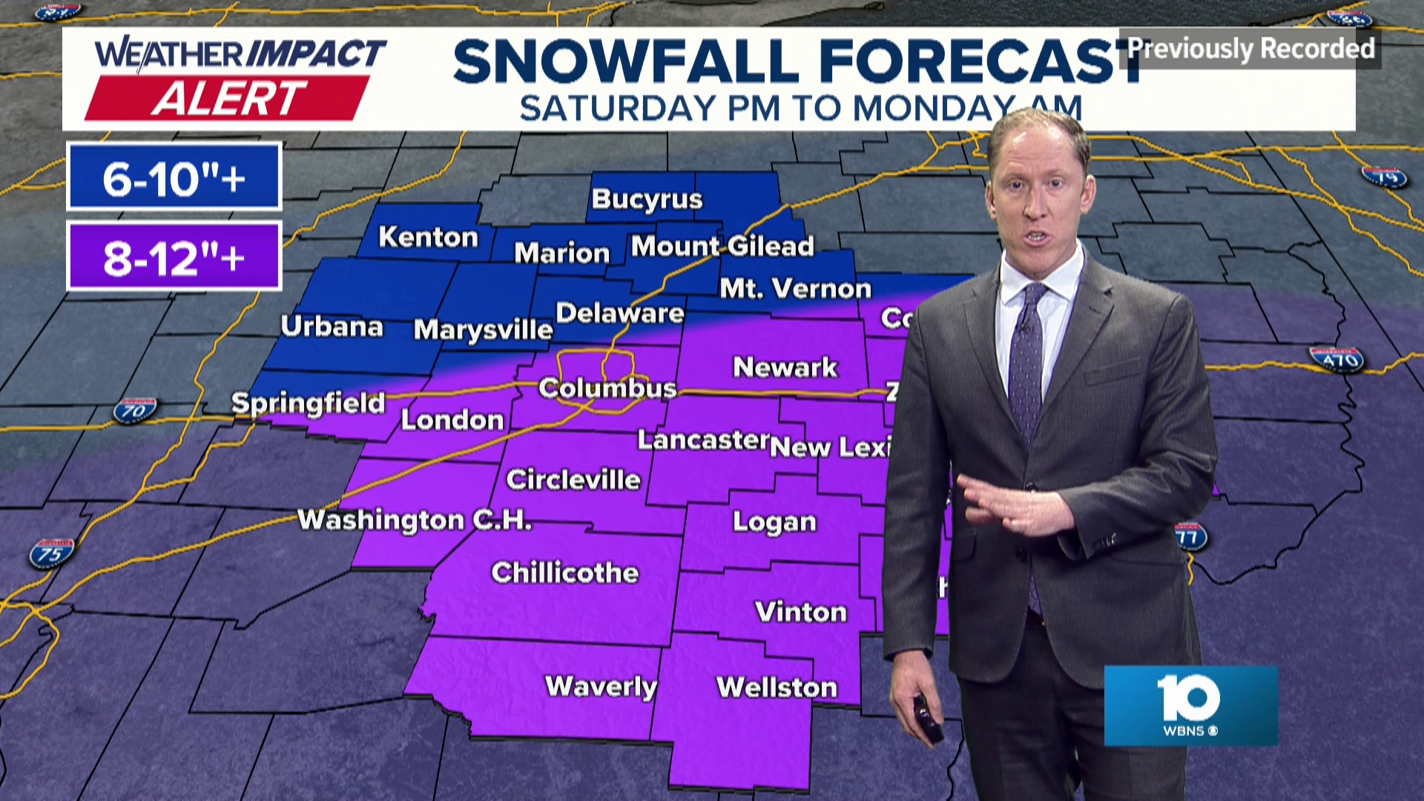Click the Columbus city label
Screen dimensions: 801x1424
point(607,388)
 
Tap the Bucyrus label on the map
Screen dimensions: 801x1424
point(647,199)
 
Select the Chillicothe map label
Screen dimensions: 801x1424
point(565,573)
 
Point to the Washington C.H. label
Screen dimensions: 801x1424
point(415,519)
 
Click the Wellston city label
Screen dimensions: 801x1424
point(777,687)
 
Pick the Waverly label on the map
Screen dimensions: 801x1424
point(601,686)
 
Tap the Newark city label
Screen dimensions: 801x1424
point(785,367)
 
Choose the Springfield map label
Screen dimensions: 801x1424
point(308,403)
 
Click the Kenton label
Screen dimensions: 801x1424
point(428,237)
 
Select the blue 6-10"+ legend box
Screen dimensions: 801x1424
point(174,177)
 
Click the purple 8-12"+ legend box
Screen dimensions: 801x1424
point(174,257)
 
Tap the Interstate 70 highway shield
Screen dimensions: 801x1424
point(134,410)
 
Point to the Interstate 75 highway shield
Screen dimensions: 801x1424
point(51,553)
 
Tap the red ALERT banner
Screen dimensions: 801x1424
point(228,98)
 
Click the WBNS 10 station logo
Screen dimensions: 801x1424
point(1190,705)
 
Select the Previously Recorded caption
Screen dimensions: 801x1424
point(1250,49)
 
